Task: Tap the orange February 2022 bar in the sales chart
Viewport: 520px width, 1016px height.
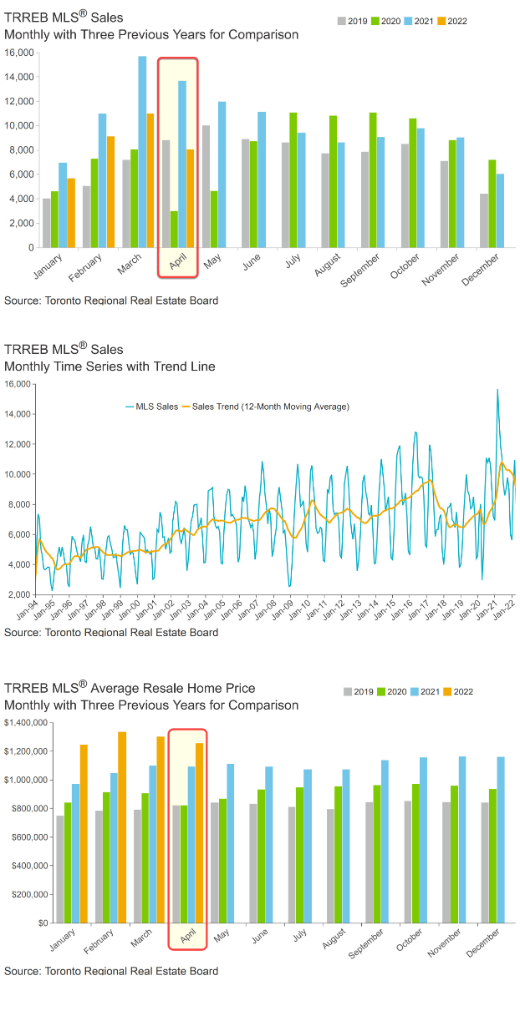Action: tap(111, 192)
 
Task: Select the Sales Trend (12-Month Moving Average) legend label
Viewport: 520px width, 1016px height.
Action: tap(271, 407)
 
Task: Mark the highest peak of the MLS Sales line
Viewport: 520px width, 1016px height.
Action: tap(497, 390)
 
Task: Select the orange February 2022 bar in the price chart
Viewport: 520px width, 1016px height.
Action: tap(122, 827)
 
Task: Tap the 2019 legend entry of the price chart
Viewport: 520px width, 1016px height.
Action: tap(359, 691)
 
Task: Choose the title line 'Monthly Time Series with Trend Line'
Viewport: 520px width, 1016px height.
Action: tap(110, 366)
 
